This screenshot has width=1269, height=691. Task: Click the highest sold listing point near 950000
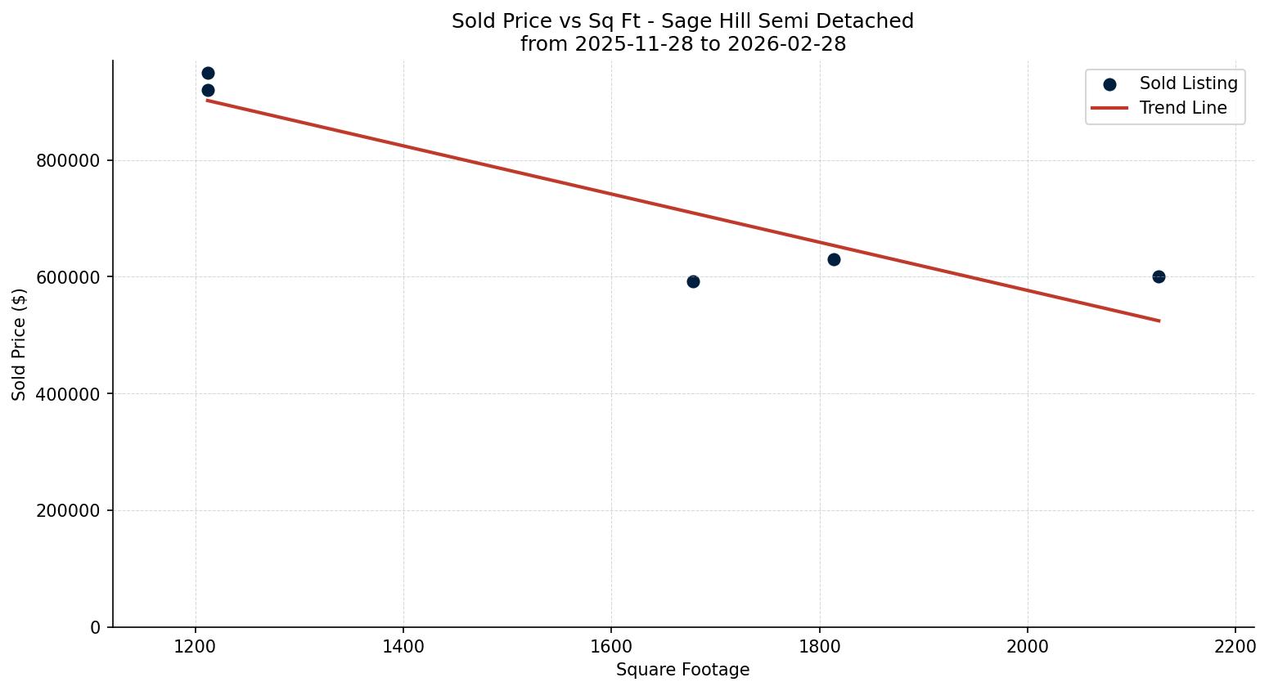coord(208,73)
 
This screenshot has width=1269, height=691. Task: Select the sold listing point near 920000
coord(208,90)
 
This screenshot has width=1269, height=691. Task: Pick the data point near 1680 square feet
coord(693,281)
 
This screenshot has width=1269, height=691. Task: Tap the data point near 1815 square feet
coord(834,259)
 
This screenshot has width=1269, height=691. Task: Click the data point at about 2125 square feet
coord(1159,276)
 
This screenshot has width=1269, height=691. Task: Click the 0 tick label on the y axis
coord(96,627)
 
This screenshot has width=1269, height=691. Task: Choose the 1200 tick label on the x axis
coord(195,646)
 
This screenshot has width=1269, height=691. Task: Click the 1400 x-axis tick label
coord(403,646)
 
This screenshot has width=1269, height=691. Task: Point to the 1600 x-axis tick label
coord(611,646)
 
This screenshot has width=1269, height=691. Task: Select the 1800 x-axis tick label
coord(820,646)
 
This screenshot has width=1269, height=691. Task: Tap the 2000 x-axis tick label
coord(1028,646)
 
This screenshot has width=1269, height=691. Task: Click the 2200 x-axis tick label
coord(1235,646)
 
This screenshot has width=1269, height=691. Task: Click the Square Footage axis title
coord(682,671)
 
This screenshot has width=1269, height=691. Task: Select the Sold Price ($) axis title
coord(20,344)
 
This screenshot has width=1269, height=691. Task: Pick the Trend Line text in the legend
coord(1182,108)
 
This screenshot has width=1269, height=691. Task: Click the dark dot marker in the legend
coord(1109,84)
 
